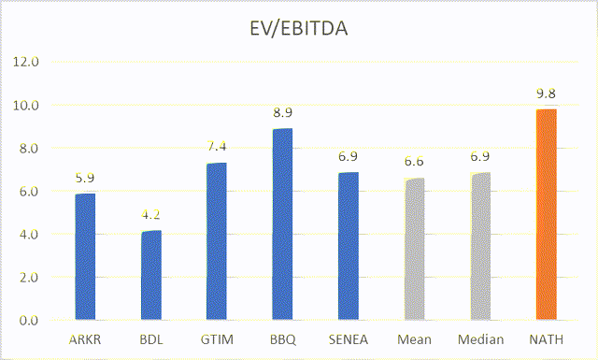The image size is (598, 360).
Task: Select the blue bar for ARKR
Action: [x=84, y=257]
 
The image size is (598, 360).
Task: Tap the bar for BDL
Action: [x=149, y=276]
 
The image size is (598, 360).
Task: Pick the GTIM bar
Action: [x=216, y=241]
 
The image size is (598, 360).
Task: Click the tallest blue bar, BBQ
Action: [x=281, y=224]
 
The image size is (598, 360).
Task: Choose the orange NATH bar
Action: [x=546, y=215]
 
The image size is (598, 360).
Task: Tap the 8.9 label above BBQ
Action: [x=281, y=112]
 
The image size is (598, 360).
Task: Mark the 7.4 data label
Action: [x=216, y=146]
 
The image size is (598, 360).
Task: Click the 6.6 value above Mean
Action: [x=413, y=163]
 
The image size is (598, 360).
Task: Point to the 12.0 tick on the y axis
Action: [x=27, y=63]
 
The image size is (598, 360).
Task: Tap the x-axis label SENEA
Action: [x=347, y=339]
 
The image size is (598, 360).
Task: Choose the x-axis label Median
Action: [x=479, y=339]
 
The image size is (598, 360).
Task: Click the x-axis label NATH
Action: [x=546, y=339]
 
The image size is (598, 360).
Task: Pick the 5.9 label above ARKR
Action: [x=85, y=178]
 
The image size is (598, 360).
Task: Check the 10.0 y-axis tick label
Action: [x=27, y=106]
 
